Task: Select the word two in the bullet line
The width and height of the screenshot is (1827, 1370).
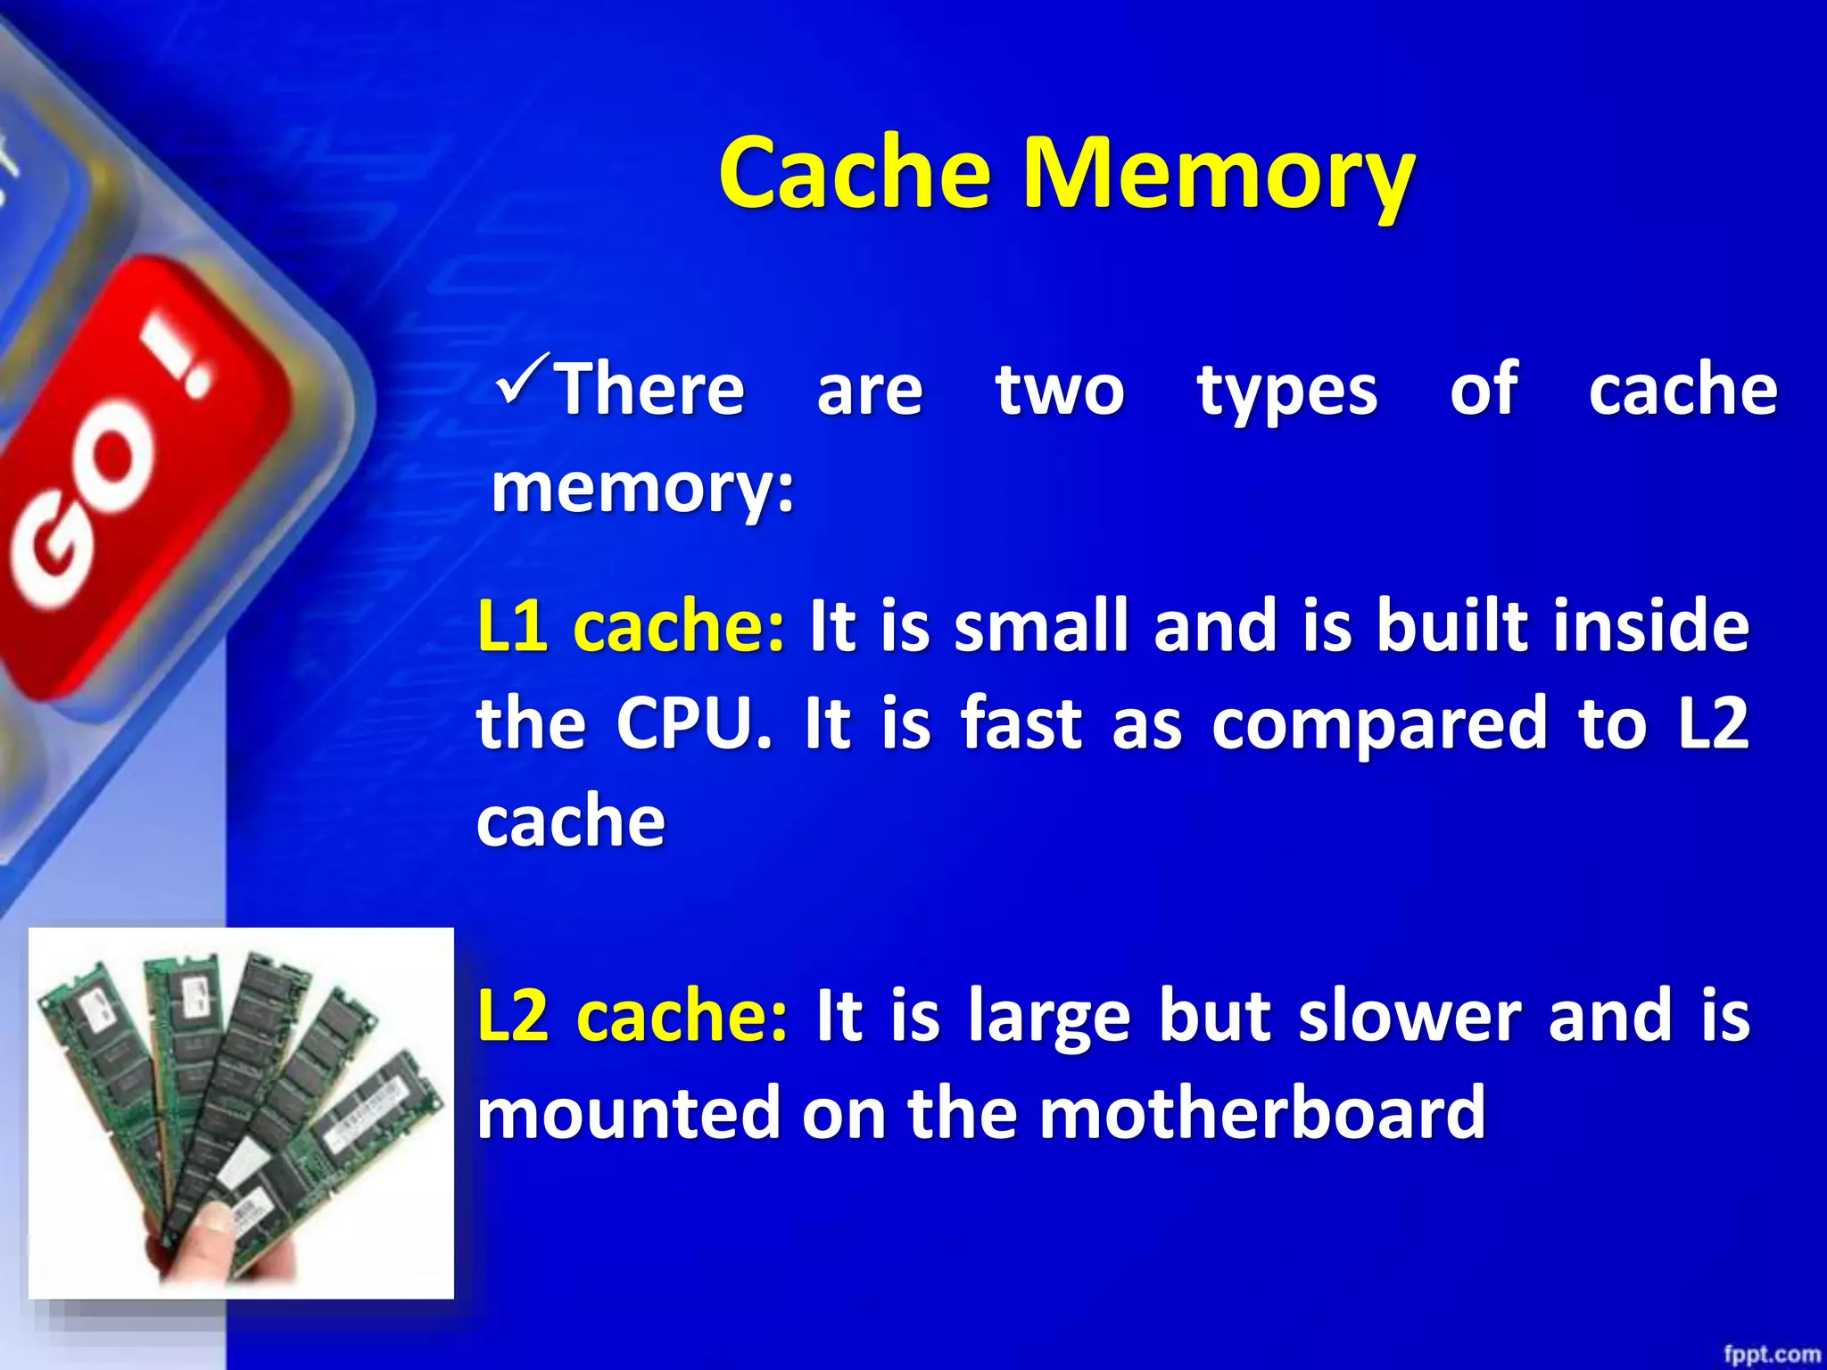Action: (1060, 391)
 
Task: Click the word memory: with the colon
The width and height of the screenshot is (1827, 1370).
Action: (642, 489)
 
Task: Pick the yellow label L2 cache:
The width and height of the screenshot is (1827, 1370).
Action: (632, 1017)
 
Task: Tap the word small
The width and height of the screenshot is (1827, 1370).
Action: (1042, 626)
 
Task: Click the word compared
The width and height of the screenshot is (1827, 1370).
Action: (1379, 724)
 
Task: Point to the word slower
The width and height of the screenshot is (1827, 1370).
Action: (1410, 1017)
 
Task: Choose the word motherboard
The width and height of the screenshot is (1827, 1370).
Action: (1262, 1113)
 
